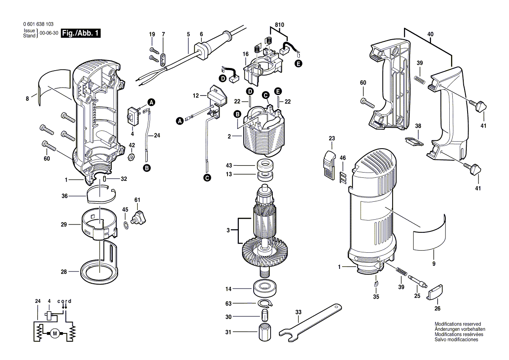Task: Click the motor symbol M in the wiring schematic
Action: [x=55, y=333]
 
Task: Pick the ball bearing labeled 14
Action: [x=265, y=289]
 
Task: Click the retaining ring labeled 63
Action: [x=265, y=303]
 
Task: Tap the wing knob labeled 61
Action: [x=141, y=216]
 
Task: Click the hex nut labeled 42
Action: [x=131, y=156]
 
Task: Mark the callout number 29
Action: [x=64, y=225]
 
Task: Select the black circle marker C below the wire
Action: [x=207, y=177]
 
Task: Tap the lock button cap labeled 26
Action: [x=435, y=292]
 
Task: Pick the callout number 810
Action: [x=279, y=24]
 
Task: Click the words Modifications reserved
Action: [x=458, y=324]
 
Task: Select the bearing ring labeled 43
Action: [x=265, y=166]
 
